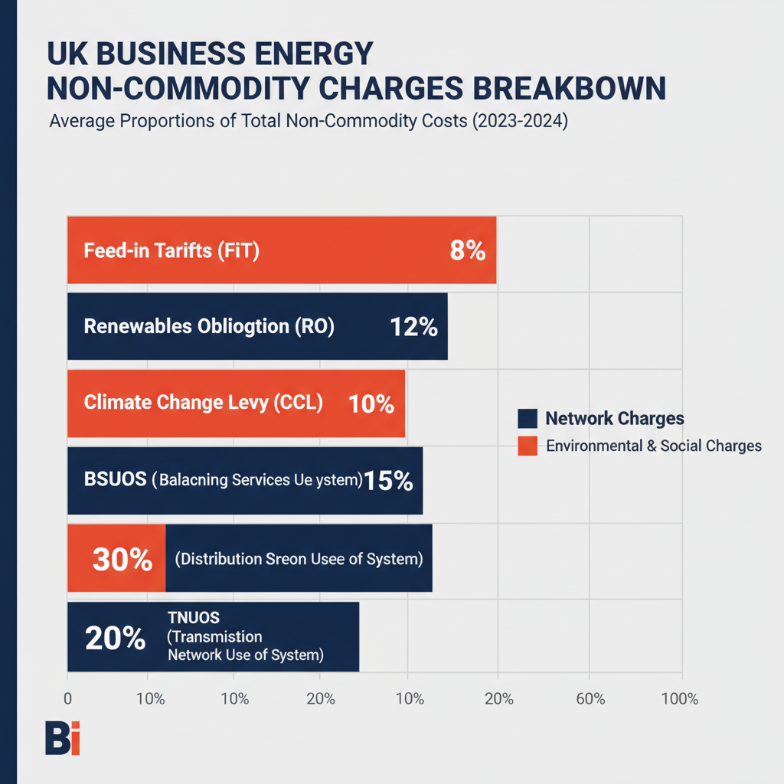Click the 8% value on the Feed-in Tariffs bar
pos(467,250)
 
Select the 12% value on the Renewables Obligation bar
pos(413,327)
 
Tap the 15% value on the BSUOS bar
pos(388,481)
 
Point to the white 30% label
pos(122,559)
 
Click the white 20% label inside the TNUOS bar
pos(115,637)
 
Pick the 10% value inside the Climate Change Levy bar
pos(371,403)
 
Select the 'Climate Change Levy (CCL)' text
pos(203,403)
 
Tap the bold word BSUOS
pos(115,481)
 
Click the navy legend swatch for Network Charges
pos(528,419)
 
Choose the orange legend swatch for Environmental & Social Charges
pos(528,446)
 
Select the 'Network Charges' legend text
pos(614,419)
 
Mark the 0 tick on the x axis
pos(68,698)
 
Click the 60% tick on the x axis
pos(590,698)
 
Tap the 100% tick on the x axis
pos(679,698)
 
